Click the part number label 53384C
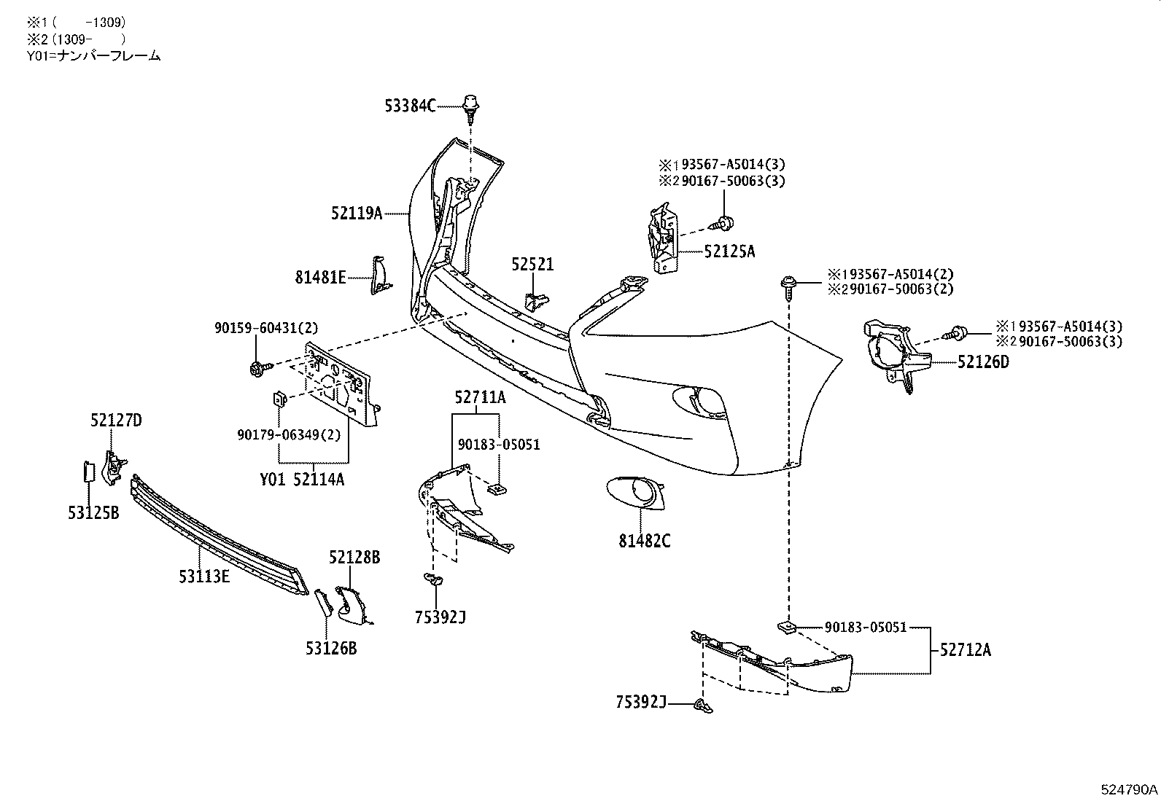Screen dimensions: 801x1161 410,106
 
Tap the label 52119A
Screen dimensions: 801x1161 356,213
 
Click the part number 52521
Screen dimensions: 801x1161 532,265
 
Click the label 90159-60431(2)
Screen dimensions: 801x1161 266,329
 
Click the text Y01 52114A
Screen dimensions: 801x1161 302,479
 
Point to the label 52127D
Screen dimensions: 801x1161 116,421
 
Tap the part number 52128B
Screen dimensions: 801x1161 354,558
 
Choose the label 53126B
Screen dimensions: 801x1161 331,647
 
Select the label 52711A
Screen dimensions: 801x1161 480,397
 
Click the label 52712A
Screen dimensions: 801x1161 965,649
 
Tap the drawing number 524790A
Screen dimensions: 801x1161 1129,789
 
